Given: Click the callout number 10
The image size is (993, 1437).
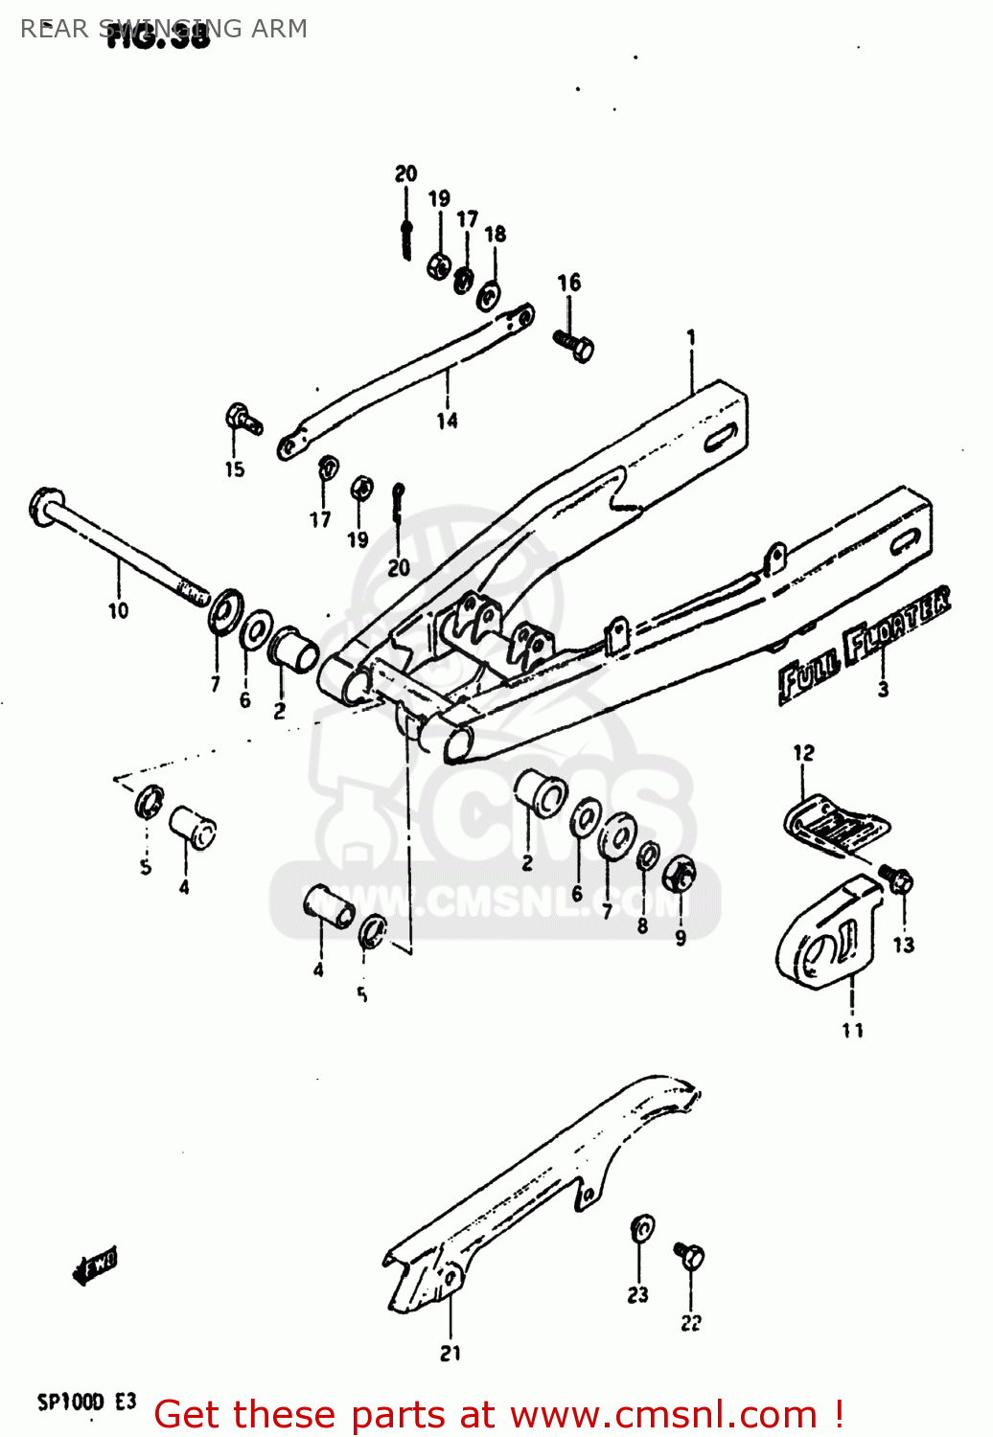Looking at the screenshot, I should [x=118, y=610].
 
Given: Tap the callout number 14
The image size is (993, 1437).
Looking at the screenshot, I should [x=447, y=421].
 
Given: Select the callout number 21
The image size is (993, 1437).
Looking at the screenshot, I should [x=450, y=1353].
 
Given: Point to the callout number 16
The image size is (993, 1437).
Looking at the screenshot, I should [x=568, y=282].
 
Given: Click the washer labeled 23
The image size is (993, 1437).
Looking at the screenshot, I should [x=642, y=1227].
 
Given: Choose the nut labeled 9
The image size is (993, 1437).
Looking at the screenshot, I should [x=680, y=874].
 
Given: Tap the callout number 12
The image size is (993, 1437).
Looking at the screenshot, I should [x=803, y=753].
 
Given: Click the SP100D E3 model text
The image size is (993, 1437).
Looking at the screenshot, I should [x=86, y=1403].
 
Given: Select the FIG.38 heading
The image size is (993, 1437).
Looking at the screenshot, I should [x=158, y=36].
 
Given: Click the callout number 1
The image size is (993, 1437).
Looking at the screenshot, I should [x=690, y=337].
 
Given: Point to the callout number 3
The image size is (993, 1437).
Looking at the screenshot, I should [x=883, y=688].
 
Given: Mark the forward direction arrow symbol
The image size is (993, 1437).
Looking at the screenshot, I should [x=95, y=1266].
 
